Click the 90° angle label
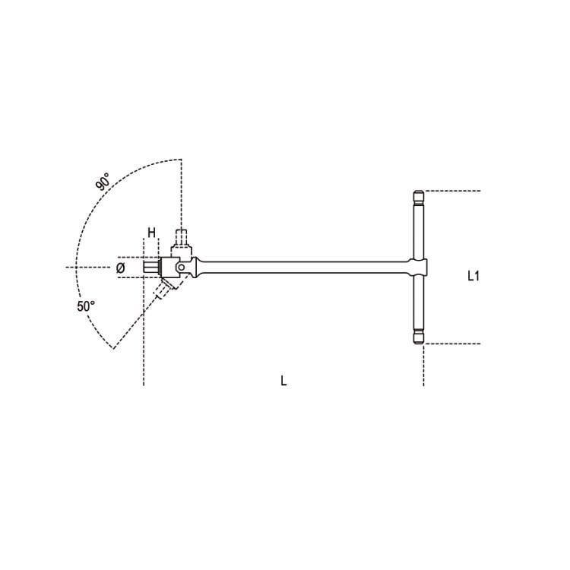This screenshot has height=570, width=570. tap(103, 184)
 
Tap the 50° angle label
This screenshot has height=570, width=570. tap(85, 306)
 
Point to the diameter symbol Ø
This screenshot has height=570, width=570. tap(121, 268)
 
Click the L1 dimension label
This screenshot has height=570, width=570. tap(472, 277)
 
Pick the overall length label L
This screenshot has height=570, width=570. tap(283, 380)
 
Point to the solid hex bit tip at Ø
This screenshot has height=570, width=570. tap(150, 268)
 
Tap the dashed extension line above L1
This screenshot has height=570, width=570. tap(453, 190)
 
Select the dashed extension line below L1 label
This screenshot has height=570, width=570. tap(453, 344)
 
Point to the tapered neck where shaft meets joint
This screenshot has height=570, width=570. tap(199, 267)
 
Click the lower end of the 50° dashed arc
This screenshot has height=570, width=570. tap(112, 348)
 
